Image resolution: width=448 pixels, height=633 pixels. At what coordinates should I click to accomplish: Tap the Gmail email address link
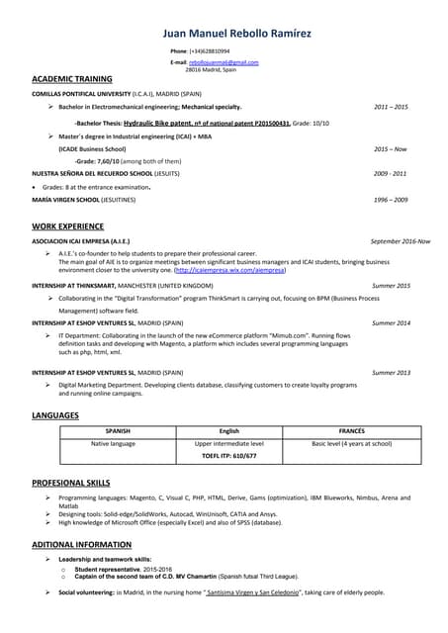pos(224,62)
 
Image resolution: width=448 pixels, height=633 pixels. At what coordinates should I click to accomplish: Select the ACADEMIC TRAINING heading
pos(72,78)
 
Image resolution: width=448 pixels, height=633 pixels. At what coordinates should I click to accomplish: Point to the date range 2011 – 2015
pos(391,107)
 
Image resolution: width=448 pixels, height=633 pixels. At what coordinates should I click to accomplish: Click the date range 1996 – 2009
pos(391,200)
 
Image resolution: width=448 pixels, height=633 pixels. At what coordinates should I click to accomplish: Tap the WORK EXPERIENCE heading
pos(67,226)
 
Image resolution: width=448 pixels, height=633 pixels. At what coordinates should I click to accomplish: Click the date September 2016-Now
pos(400,241)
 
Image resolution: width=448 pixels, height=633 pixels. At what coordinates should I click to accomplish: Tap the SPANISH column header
pos(118,431)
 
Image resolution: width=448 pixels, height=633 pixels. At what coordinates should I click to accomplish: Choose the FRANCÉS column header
pos(352,431)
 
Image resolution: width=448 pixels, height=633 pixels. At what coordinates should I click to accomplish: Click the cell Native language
pos(114,444)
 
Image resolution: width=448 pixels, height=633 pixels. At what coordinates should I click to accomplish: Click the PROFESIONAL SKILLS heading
pos(71,482)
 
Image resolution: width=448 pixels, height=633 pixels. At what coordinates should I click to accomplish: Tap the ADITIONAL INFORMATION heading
pos(81,545)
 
